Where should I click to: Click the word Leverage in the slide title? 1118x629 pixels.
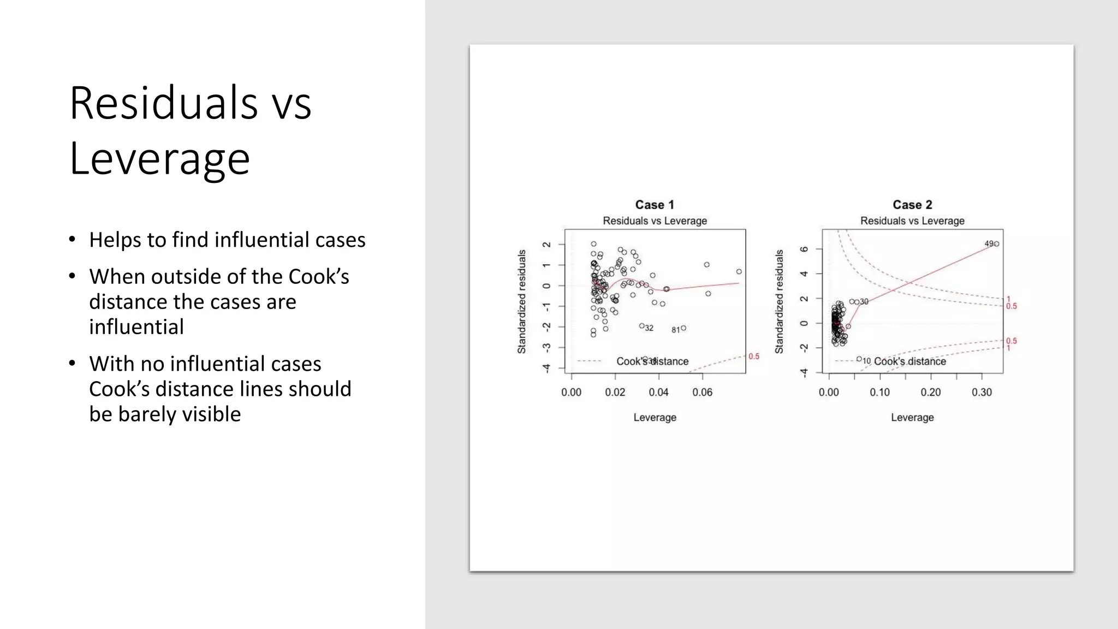pyautogui.click(x=159, y=158)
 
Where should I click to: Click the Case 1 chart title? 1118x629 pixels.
pyautogui.click(x=655, y=205)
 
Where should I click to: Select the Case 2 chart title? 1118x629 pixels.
pyautogui.click(x=912, y=205)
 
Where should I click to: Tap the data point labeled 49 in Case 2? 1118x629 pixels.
pyautogui.click(x=996, y=244)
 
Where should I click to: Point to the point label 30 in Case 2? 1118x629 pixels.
pyautogui.click(x=864, y=301)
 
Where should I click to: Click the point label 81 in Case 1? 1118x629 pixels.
pyautogui.click(x=675, y=330)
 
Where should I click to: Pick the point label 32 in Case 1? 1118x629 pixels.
pyautogui.click(x=649, y=328)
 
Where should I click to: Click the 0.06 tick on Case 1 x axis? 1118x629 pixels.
pyautogui.click(x=702, y=392)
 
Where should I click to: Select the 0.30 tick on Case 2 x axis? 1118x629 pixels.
pyautogui.click(x=982, y=392)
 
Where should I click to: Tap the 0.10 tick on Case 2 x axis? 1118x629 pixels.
pyautogui.click(x=879, y=392)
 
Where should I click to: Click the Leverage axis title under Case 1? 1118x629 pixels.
pyautogui.click(x=655, y=417)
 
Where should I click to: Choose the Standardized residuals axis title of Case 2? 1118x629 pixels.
pyautogui.click(x=779, y=301)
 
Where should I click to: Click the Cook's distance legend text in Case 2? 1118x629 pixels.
pyautogui.click(x=909, y=361)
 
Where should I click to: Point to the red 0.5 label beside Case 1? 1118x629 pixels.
pyautogui.click(x=754, y=357)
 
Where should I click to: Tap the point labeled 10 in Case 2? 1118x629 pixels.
pyautogui.click(x=859, y=359)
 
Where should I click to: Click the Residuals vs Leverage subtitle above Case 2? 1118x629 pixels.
pyautogui.click(x=912, y=221)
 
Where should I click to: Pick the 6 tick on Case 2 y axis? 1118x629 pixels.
pyautogui.click(x=804, y=249)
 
